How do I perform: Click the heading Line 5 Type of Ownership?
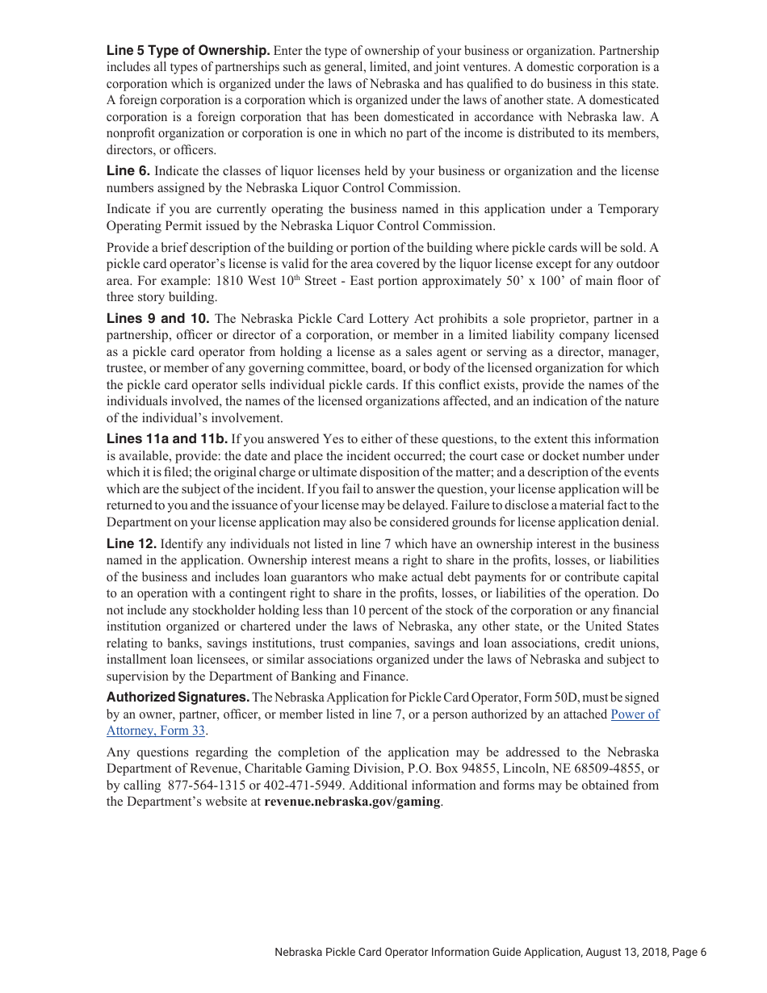click(x=188, y=51)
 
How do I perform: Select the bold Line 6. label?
click(x=128, y=171)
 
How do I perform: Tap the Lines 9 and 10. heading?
click(x=158, y=318)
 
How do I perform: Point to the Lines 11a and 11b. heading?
click(x=167, y=439)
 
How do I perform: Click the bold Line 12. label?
click(x=132, y=544)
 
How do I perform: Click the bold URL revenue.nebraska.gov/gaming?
click(x=352, y=802)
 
